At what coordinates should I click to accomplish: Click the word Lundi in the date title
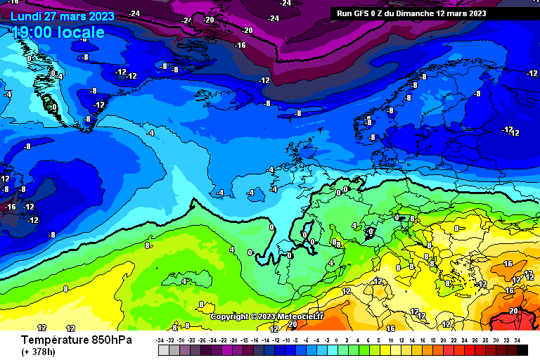(25, 15)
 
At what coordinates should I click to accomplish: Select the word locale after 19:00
(82, 32)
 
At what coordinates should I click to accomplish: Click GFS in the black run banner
(362, 13)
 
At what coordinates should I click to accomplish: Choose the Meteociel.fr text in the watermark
(300, 316)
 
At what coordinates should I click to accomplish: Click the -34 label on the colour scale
(161, 340)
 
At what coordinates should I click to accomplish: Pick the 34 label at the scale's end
(517, 340)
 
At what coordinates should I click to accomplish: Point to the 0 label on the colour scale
(339, 340)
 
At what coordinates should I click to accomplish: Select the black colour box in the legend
(522, 349)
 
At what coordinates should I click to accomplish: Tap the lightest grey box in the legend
(164, 349)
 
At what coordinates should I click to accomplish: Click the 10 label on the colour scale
(391, 340)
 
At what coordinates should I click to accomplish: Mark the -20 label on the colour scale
(234, 340)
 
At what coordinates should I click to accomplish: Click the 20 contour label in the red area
(513, 310)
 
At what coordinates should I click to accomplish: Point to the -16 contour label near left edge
(10, 207)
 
